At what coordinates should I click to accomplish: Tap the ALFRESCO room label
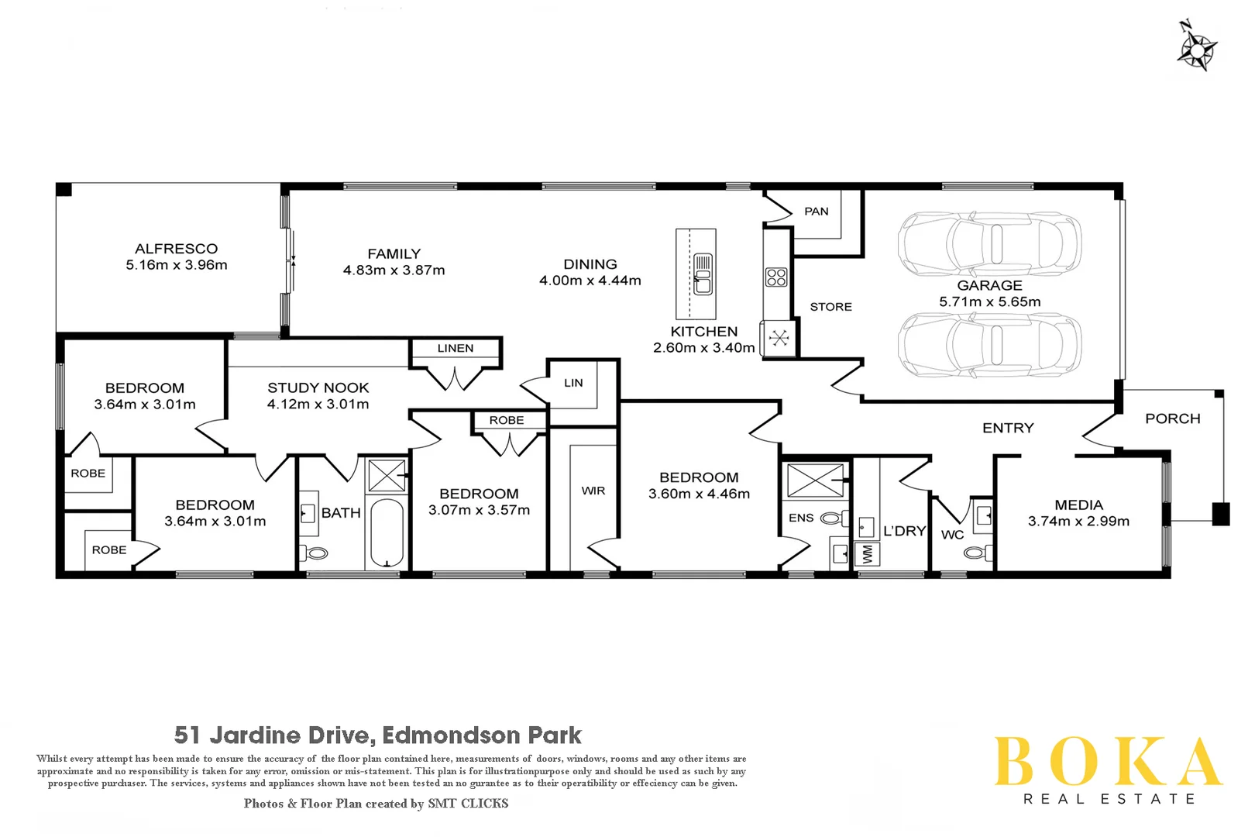tap(177, 249)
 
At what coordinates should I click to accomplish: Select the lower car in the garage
tap(989, 345)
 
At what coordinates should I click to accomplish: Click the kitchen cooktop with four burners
tap(776, 277)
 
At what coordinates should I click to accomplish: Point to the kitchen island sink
tap(703, 275)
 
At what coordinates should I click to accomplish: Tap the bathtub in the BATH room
tap(386, 532)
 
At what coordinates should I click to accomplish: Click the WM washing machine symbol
tap(867, 554)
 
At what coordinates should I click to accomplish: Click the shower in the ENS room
tap(815, 480)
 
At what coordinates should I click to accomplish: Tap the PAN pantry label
tap(816, 212)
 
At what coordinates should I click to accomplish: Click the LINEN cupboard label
tap(456, 349)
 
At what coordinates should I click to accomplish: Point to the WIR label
tap(593, 491)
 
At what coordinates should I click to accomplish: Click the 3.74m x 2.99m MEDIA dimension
tap(1078, 522)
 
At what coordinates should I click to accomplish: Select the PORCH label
tap(1172, 418)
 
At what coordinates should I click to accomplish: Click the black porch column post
tap(1220, 514)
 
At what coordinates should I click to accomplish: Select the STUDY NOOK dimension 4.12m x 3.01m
tap(318, 405)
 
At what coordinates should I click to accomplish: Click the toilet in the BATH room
tap(316, 553)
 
